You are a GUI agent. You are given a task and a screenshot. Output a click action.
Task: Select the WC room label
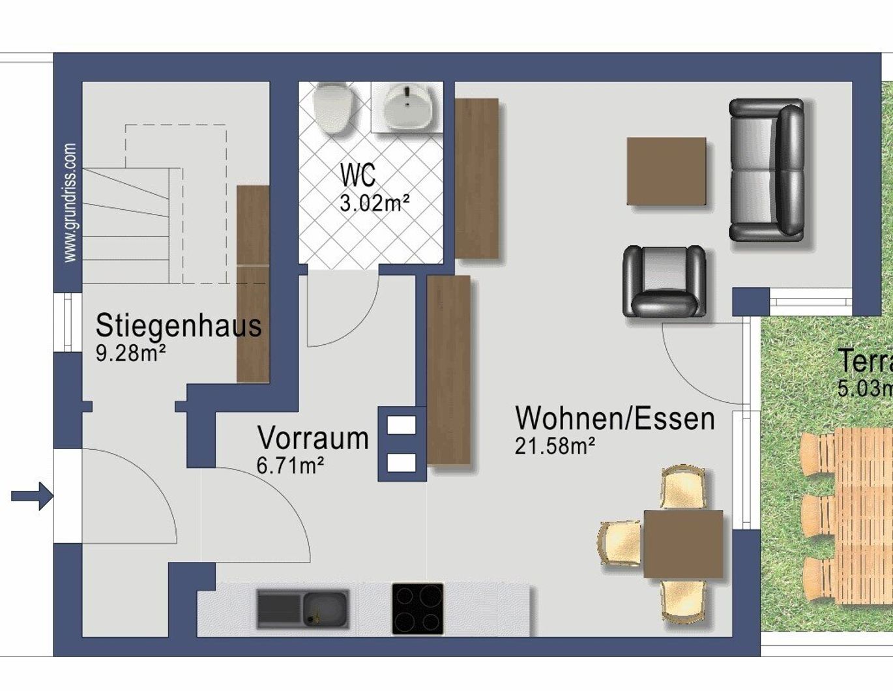(x=358, y=175)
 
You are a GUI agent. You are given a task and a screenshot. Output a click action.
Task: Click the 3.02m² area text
(x=374, y=203)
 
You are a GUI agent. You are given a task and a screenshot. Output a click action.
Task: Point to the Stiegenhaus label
(x=179, y=325)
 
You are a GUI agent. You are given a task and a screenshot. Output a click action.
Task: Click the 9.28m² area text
(x=130, y=354)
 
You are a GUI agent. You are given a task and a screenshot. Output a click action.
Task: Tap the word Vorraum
(x=313, y=438)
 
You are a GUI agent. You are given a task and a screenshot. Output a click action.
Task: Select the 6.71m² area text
(x=291, y=465)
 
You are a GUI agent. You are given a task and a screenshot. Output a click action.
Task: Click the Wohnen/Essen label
(x=615, y=419)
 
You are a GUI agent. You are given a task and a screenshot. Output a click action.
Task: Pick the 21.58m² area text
(x=555, y=447)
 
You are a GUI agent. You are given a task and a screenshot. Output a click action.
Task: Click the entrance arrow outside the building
(x=32, y=496)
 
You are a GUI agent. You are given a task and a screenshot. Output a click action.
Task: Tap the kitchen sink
(x=302, y=609)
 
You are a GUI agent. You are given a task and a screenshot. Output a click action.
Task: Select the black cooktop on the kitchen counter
(x=418, y=609)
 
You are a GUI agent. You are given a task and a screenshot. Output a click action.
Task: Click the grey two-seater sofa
(x=767, y=170)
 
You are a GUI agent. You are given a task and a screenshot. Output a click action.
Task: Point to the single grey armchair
(x=664, y=281)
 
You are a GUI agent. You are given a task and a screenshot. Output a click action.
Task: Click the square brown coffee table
(x=666, y=171)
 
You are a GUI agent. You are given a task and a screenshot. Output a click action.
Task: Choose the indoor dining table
(x=683, y=544)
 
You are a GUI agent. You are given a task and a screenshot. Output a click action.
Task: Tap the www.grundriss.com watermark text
(x=70, y=203)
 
